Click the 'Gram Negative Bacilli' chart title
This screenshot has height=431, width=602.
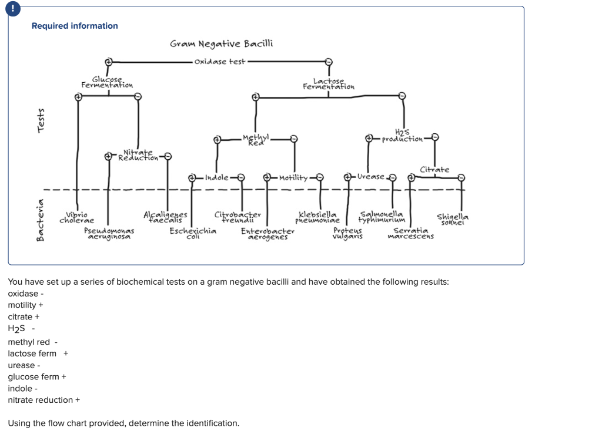coord(221,44)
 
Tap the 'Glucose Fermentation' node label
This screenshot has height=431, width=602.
coord(107,82)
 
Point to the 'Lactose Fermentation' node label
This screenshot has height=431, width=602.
coord(329,84)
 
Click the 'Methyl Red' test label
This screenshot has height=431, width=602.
coord(256,139)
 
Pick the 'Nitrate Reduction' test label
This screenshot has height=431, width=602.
coord(138,155)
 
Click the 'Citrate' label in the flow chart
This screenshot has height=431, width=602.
coord(434,170)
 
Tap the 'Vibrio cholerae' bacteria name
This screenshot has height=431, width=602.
coord(76,218)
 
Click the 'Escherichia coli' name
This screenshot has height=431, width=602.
coord(193,234)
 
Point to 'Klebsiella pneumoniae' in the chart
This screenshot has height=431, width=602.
coord(317,218)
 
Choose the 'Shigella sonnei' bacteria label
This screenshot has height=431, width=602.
coord(453,218)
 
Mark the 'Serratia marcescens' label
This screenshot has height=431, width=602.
coord(410,234)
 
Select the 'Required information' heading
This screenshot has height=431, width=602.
coord(75,26)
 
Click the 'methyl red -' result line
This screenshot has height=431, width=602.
coord(32,342)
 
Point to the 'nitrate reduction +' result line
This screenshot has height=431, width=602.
coord(44,400)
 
